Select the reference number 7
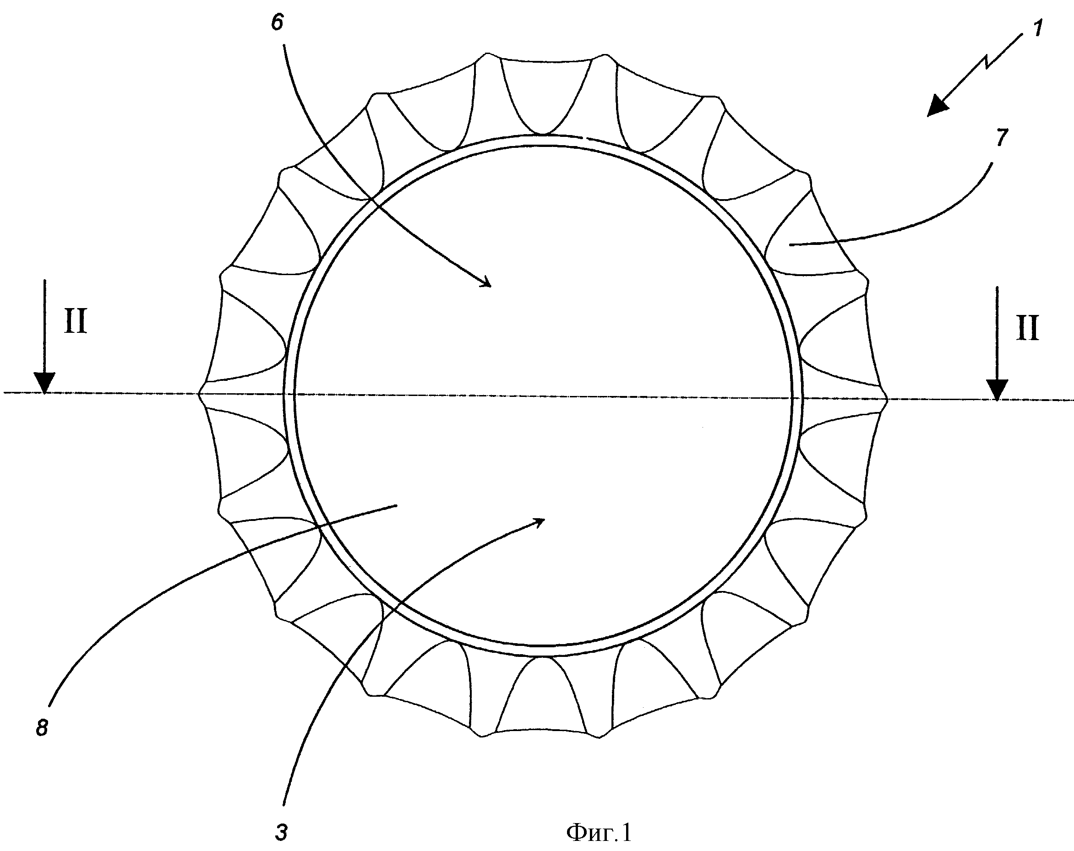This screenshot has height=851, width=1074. (x=1002, y=137)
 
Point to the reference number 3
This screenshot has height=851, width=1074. (x=282, y=833)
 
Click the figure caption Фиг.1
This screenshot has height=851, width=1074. (x=599, y=832)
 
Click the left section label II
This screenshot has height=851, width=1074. (x=76, y=321)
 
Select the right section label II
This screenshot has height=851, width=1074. (x=1027, y=329)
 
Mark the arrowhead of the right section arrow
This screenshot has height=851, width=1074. (x=996, y=390)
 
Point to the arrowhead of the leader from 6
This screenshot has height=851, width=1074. (x=485, y=282)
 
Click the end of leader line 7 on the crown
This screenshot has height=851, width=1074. (x=790, y=244)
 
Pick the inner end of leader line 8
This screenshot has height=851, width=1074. (x=397, y=505)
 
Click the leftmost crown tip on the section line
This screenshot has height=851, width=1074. (x=200, y=393)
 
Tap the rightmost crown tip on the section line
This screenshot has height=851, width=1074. (x=887, y=398)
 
